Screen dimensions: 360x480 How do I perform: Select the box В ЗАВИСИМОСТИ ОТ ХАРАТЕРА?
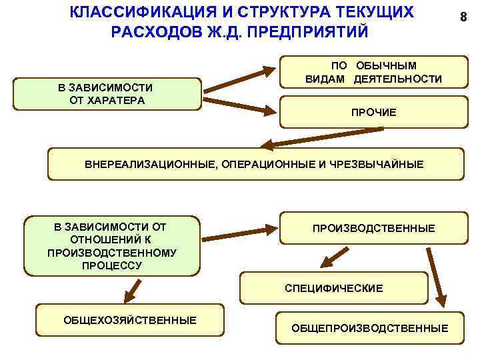coord(107,94)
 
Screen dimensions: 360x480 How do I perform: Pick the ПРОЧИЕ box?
coord(373,113)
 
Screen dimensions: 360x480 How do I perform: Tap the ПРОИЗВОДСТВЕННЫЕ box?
coord(373,228)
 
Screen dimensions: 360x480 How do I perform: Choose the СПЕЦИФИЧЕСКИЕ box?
coord(333,288)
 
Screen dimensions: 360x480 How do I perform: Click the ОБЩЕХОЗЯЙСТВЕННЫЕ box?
coord(130,321)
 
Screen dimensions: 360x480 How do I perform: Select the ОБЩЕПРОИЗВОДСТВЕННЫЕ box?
coord(369,328)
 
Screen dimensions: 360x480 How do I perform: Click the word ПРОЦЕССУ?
coord(111,265)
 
